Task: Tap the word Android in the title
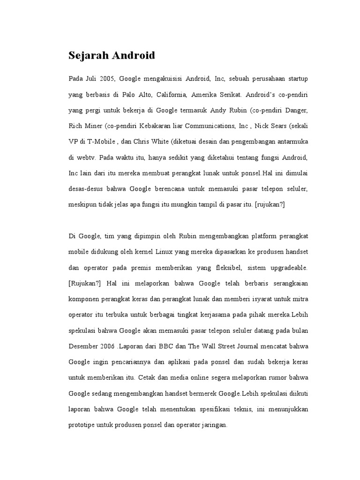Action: pos(132,56)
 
